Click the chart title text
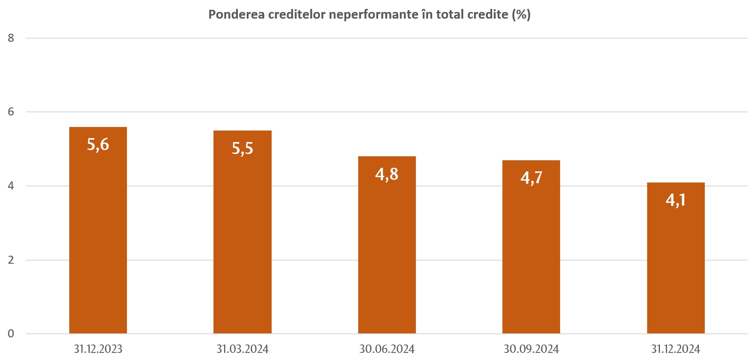coord(369,15)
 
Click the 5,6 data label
coord(98,145)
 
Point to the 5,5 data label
coord(242,148)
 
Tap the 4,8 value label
coord(387,174)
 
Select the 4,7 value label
coord(531,178)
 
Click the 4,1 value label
coord(675,200)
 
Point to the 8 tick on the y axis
coord(11,38)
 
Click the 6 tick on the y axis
coord(11,112)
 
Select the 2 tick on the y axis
coord(11,260)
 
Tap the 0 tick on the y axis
coord(11,334)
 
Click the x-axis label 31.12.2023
coord(98,349)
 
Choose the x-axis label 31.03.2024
coord(242,349)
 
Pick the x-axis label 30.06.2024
coord(387,349)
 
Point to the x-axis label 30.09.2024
coord(531,349)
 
